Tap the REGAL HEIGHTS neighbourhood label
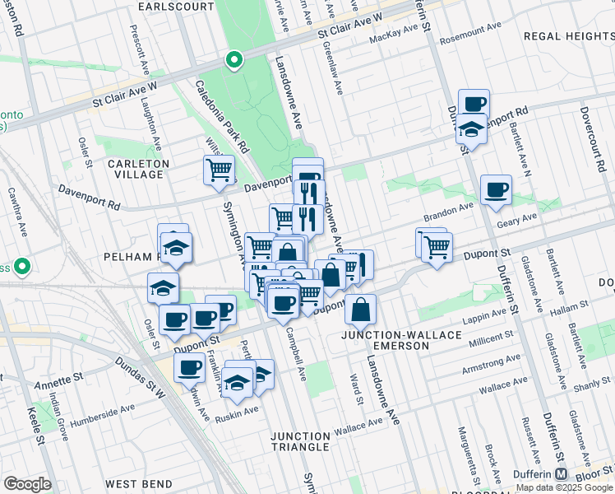pos(568,36)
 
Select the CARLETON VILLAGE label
pos(137,169)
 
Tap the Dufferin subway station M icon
pos(561,474)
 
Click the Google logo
pos(27,484)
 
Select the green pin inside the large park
pos(234,60)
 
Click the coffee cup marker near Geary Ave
pos(496,191)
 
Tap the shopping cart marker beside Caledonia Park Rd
pos(219,170)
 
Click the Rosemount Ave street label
pos(469,27)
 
